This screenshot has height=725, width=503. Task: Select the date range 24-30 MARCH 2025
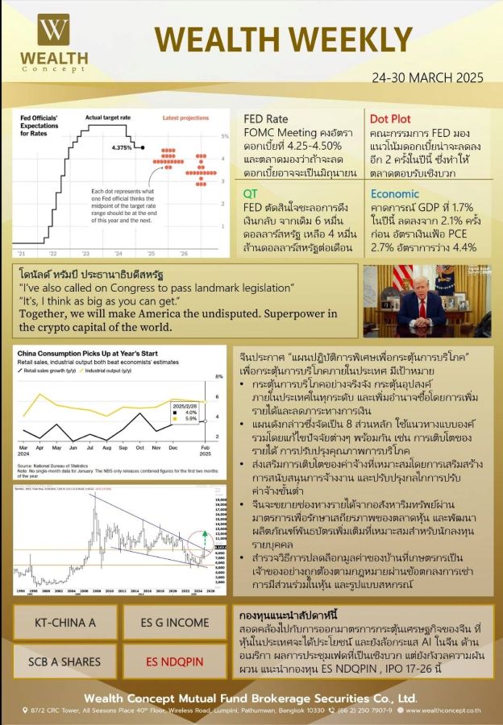(427, 78)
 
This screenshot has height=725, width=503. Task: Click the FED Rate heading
(266, 119)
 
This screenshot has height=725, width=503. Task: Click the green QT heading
(251, 193)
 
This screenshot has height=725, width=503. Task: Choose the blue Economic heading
(395, 193)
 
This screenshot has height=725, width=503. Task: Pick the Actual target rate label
(107, 118)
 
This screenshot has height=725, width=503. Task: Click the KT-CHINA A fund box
(64, 623)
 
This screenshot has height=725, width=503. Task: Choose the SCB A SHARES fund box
(64, 661)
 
